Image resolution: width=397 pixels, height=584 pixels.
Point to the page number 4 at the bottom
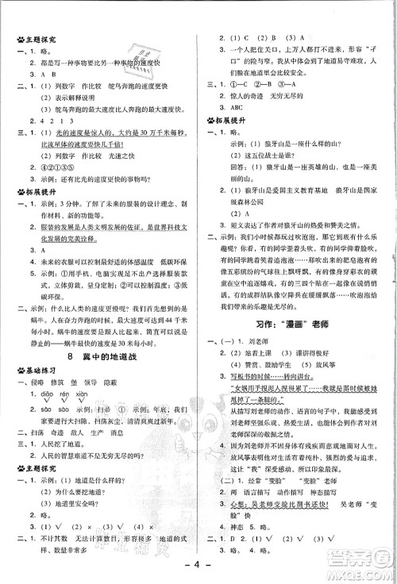tap(198, 567)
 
